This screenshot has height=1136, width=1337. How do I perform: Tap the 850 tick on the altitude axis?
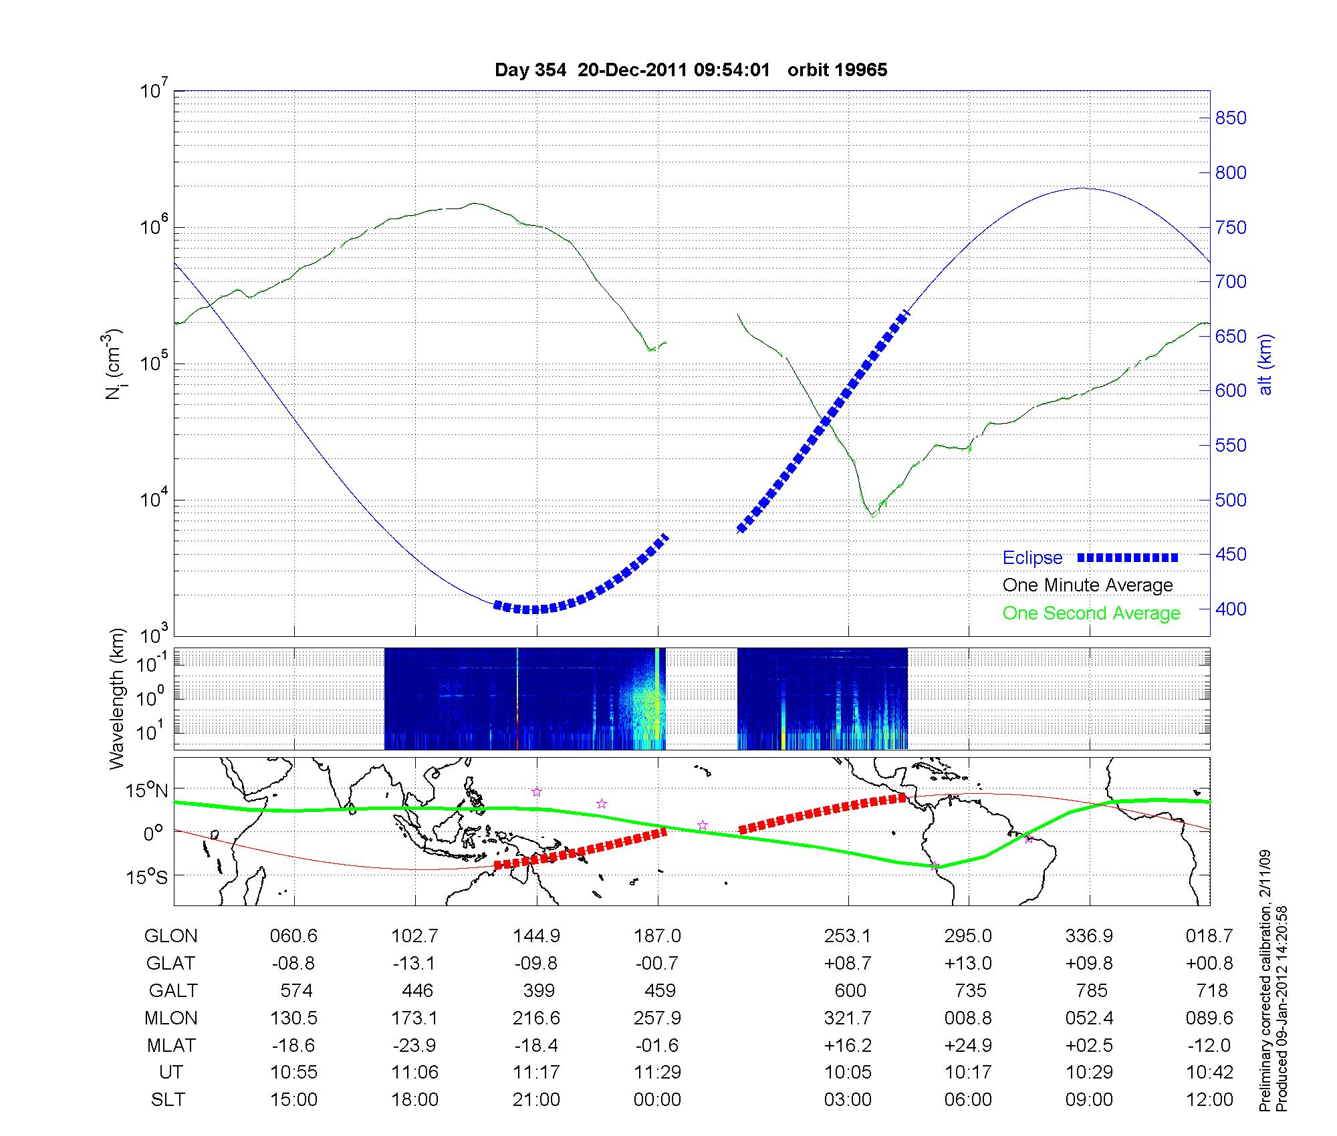1231,118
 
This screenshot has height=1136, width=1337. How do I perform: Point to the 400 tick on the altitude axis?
1231,609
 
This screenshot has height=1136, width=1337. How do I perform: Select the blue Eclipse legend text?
1032,558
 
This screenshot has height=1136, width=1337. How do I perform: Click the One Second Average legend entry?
1091,613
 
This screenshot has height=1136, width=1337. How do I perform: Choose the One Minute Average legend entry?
1088,585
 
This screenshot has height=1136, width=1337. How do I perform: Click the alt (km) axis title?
1265,364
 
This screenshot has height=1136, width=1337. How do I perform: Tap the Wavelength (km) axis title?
118,699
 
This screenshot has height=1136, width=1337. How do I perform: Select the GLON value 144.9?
536,936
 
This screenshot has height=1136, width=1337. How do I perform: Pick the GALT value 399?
538,990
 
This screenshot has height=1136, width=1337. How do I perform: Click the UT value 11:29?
658,1073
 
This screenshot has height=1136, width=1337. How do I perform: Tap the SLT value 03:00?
848,1100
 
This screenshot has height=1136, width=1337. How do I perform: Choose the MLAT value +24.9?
969,1045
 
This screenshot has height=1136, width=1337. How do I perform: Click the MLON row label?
170,1018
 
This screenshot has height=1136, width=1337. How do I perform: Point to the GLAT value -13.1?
415,963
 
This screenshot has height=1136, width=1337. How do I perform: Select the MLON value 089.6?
1209,1018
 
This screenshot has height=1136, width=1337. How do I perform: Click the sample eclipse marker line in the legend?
1127,558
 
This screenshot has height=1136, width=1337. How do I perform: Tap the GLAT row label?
170,963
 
